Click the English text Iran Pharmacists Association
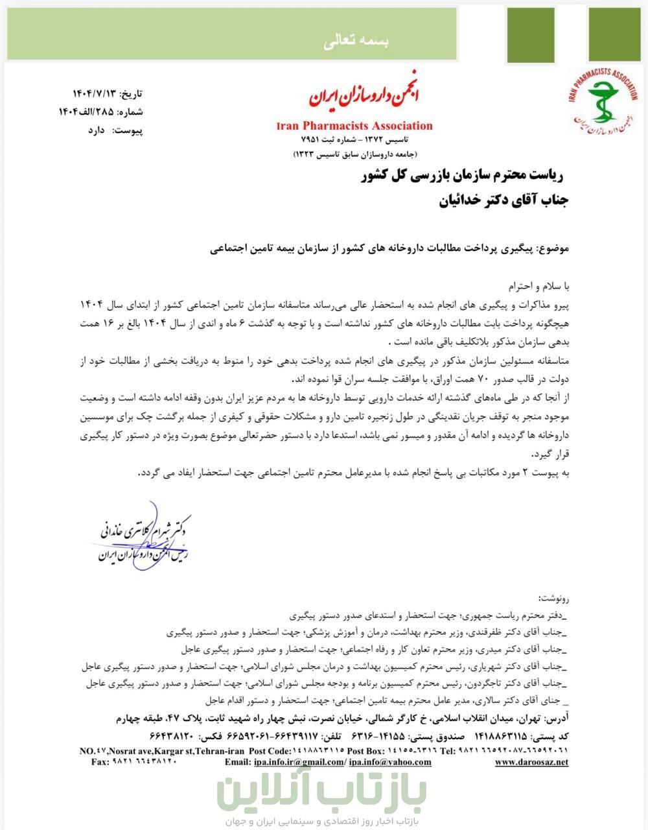(x=354, y=126)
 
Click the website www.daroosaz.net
(x=531, y=762)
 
